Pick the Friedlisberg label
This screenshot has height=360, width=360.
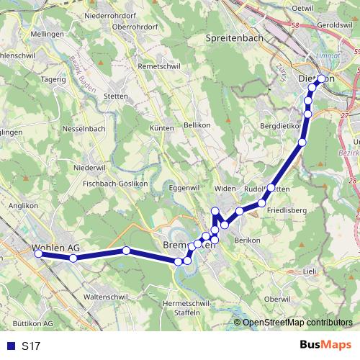tap(287, 210)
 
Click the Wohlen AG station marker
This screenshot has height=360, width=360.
tap(38, 252)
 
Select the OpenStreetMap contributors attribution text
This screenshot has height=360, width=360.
tap(297, 322)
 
